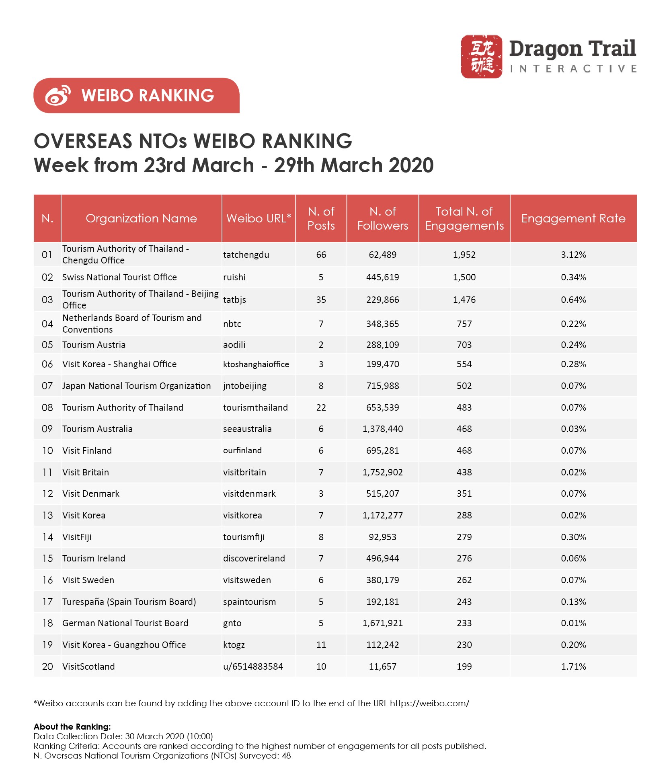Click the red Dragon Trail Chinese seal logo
(481, 56)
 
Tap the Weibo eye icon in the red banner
(58, 95)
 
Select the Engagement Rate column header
(573, 218)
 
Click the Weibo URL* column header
(259, 218)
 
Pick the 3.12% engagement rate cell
(573, 255)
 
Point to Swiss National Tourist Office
(119, 277)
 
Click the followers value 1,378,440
(382, 429)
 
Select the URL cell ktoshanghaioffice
(256, 364)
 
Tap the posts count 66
(321, 255)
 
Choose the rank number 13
(47, 515)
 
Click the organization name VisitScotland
(88, 666)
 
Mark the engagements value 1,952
(464, 255)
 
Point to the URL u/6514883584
(253, 666)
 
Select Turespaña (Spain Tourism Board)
(129, 602)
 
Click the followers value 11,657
(382, 666)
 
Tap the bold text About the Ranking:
(72, 727)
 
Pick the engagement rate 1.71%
(573, 666)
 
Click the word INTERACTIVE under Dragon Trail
(573, 69)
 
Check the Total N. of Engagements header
(464, 218)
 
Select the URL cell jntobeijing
(244, 386)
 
